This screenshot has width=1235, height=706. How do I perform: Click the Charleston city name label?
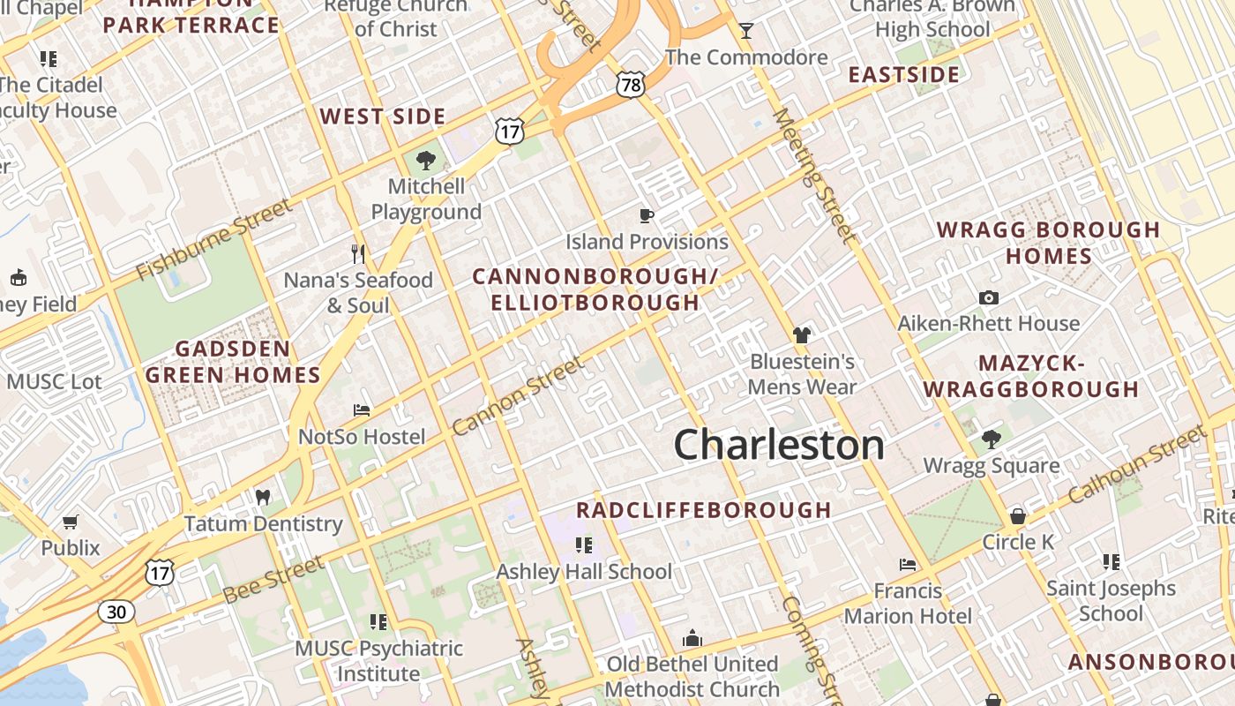pos(779,445)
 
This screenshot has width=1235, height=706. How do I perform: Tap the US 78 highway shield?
pos(631,85)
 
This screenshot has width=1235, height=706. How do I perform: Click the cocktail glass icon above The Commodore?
pos(746,31)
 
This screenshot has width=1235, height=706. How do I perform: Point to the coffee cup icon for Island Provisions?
pos(647,215)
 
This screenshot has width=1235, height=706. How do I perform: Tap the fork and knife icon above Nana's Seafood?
pos(357,254)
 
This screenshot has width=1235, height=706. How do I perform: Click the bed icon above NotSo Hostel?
pos(361,410)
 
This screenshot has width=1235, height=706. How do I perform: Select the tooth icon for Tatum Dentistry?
pos(262,497)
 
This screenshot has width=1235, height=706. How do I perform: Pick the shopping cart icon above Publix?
pos(71,522)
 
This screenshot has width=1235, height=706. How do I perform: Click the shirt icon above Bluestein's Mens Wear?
pos(802,334)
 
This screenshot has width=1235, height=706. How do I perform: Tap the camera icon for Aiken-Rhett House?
pos(988,297)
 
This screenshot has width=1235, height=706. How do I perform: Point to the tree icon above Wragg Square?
pos(992,439)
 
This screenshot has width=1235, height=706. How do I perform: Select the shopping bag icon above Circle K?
pos(1018,515)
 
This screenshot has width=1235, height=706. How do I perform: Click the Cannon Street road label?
pos(518,395)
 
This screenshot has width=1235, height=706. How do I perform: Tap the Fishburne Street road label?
pos(214,238)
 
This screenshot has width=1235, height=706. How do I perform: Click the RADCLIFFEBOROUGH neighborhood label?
pos(704,510)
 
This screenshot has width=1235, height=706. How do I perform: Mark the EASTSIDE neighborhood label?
pos(903,74)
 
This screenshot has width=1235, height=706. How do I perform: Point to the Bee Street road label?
pos(273,580)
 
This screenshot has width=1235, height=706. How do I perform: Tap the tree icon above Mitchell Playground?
pos(426,161)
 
